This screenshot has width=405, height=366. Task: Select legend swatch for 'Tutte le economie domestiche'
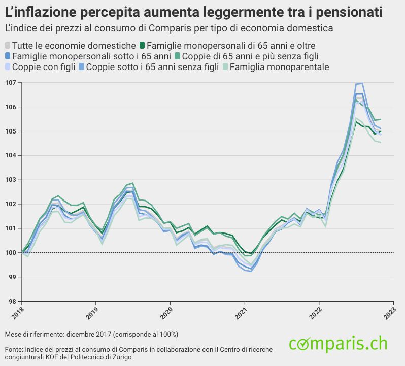[x=8, y=46]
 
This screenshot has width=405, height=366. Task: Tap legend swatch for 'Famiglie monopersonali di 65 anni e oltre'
[x=143, y=46]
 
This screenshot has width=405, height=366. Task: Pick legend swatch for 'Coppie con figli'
[x=8, y=67]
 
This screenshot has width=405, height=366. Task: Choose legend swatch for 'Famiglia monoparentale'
[x=225, y=67]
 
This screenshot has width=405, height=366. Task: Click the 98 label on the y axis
[x=13, y=302]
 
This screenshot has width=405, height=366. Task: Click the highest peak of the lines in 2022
[x=361, y=83]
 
